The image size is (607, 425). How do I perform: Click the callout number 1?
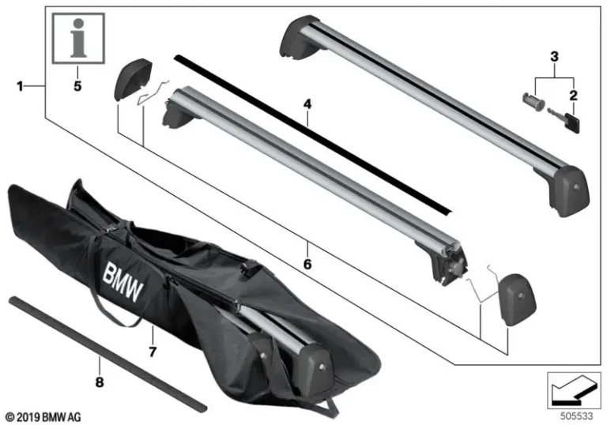pyautogui.click(x=20, y=85)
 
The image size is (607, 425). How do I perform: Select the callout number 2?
pyautogui.click(x=573, y=96)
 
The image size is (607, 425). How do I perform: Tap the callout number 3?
pyautogui.click(x=554, y=56)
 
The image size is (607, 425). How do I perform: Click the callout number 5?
pyautogui.click(x=77, y=85)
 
